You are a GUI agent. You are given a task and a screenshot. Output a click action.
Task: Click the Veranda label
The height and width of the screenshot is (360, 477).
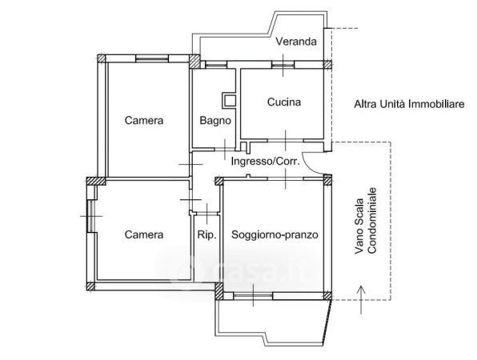[x=296, y=41]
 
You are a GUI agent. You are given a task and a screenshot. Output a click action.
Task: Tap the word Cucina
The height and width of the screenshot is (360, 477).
[x=284, y=102]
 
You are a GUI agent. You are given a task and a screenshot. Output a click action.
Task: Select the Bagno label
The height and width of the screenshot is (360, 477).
[x=215, y=121]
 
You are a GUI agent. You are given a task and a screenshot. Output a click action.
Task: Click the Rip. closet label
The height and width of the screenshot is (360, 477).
[x=206, y=234]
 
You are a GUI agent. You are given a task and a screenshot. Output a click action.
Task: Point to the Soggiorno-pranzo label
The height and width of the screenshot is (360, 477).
[x=275, y=234]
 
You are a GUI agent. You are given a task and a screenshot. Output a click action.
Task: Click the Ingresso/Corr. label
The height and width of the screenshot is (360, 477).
[x=265, y=161]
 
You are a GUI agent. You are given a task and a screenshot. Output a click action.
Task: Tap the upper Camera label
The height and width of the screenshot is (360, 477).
[x=144, y=120]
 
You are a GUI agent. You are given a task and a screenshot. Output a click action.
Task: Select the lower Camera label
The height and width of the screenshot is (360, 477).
[x=144, y=234]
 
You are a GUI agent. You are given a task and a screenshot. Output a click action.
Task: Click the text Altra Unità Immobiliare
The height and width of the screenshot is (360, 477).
[x=409, y=104]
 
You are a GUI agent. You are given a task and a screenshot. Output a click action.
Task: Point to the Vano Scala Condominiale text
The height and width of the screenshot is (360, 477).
[x=366, y=226]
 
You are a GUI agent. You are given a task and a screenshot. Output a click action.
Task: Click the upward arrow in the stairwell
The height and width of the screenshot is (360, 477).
[x=361, y=299]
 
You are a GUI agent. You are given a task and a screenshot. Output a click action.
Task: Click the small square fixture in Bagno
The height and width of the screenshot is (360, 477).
[x=229, y=100]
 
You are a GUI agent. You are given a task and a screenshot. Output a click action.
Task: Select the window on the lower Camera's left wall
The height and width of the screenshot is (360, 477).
[x=90, y=216]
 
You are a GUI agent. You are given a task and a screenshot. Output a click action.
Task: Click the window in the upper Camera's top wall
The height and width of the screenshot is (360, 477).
[x=151, y=58]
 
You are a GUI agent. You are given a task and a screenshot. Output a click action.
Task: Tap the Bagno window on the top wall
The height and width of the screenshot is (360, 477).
[x=216, y=65]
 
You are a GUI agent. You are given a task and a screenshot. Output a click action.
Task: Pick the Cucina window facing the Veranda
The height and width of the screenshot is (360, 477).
[x=283, y=65]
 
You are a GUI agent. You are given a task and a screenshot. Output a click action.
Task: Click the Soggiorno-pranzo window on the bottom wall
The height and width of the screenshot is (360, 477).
[x=253, y=295]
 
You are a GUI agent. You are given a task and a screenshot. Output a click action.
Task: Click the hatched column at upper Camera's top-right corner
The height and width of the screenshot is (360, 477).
[x=194, y=62]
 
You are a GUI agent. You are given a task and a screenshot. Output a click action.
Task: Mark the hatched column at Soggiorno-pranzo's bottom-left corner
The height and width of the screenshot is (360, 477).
[x=218, y=291]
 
